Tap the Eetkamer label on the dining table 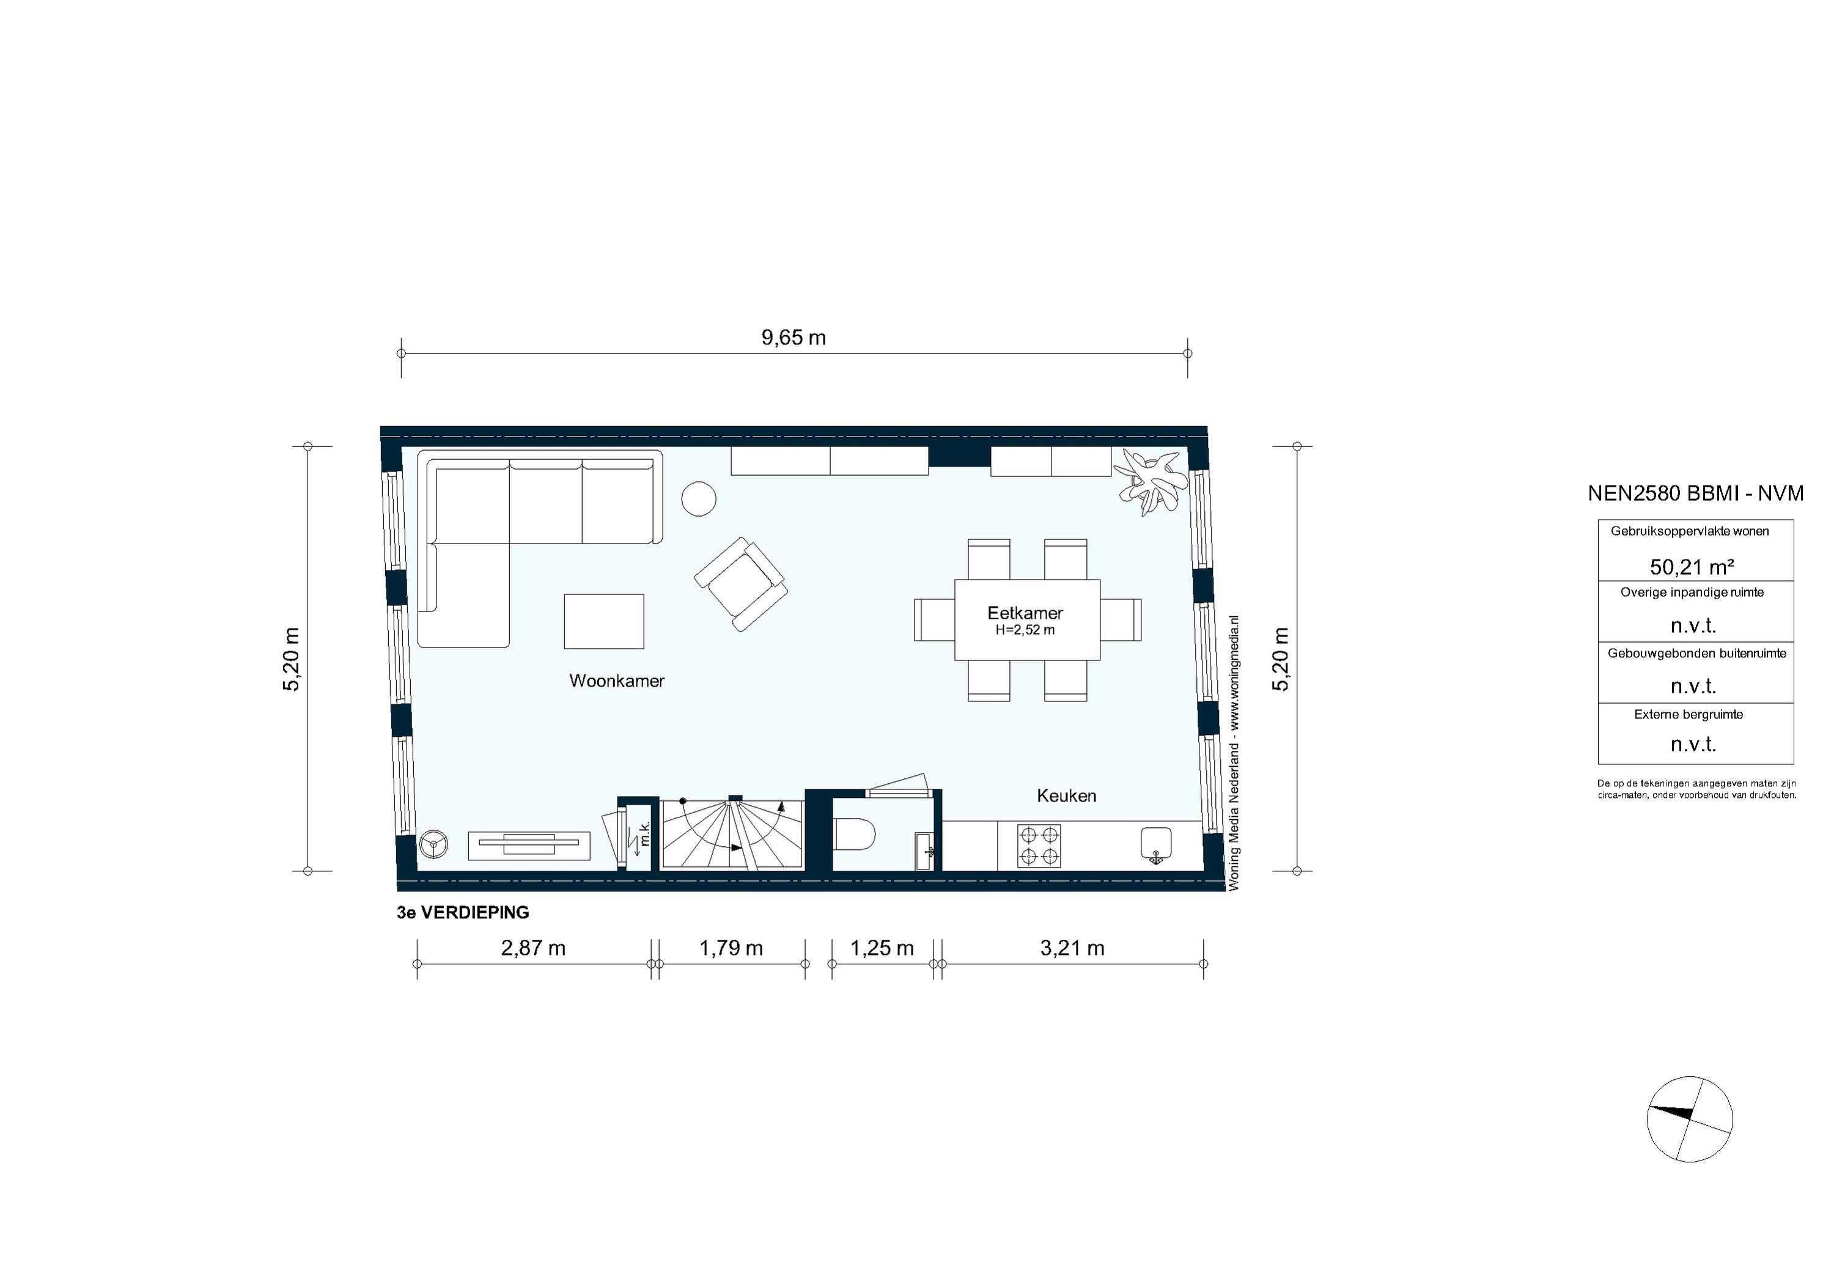[1025, 613]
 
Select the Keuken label [1066, 796]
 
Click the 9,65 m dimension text [793, 338]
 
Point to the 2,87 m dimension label [533, 948]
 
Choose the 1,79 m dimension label [731, 948]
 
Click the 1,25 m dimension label [882, 948]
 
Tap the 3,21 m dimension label [1072, 948]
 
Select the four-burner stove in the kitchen [1039, 846]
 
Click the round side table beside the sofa [698, 498]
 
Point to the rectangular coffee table [604, 621]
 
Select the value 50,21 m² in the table [1692, 567]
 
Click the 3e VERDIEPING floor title [463, 912]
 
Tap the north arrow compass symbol [1690, 1118]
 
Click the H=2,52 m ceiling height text [1025, 630]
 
